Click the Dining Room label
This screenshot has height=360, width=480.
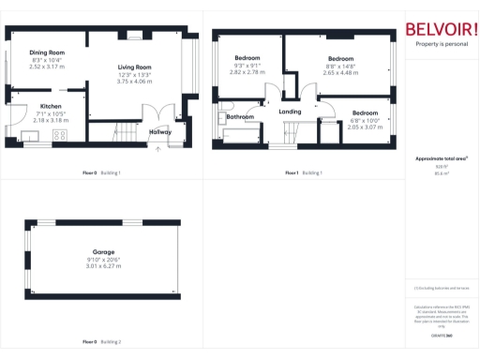(x=46, y=52)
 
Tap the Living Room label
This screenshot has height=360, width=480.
(x=134, y=67)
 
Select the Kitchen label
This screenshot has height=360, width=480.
(x=51, y=106)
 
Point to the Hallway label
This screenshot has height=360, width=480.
(x=161, y=132)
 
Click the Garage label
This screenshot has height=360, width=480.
(x=103, y=251)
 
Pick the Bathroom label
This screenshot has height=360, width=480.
(x=240, y=116)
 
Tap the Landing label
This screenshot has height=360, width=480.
(x=291, y=112)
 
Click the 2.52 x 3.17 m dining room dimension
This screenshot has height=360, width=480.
(x=47, y=67)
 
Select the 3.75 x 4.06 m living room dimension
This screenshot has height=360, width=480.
(x=134, y=82)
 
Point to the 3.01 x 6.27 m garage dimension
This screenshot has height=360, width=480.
(x=103, y=266)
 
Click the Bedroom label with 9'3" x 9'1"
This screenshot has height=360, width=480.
(x=247, y=58)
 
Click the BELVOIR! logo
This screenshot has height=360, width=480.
(x=441, y=29)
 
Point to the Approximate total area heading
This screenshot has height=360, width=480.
(x=440, y=158)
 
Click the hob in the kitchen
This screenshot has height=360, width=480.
(x=60, y=135)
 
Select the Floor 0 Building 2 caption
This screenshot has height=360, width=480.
(x=102, y=341)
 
